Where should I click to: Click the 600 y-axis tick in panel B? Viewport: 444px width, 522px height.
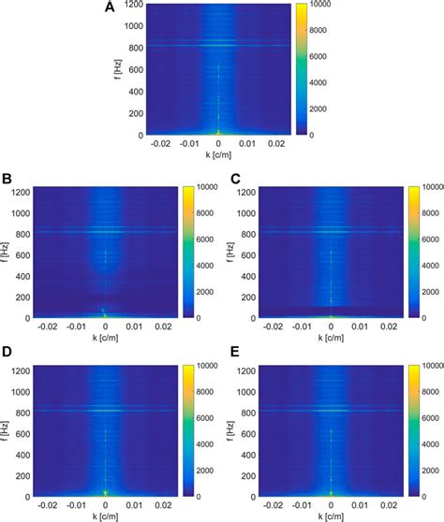[29, 253]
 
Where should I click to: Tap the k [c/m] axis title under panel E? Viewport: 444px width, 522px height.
[330, 515]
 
